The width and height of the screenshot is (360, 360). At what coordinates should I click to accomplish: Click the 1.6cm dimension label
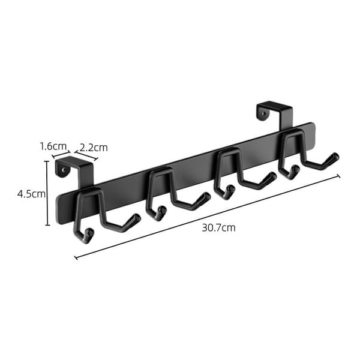coord(53,146)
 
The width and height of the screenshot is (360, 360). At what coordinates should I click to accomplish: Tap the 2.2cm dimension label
coord(94,148)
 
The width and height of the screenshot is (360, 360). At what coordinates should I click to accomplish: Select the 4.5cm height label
coord(31,194)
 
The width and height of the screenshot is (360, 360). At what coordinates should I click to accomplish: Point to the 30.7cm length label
coord(218,228)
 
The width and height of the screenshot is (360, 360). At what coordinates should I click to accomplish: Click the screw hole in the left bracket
coord(65,170)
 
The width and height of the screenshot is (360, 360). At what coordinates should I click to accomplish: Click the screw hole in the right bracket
coord(265,113)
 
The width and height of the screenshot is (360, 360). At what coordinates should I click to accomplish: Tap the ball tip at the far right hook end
coord(336,157)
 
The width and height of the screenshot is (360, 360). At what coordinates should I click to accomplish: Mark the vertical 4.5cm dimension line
coord(47,193)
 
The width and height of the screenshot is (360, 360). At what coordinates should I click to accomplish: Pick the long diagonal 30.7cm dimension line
coord(208,217)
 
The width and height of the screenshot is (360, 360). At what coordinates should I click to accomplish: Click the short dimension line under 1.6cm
coord(61,154)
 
